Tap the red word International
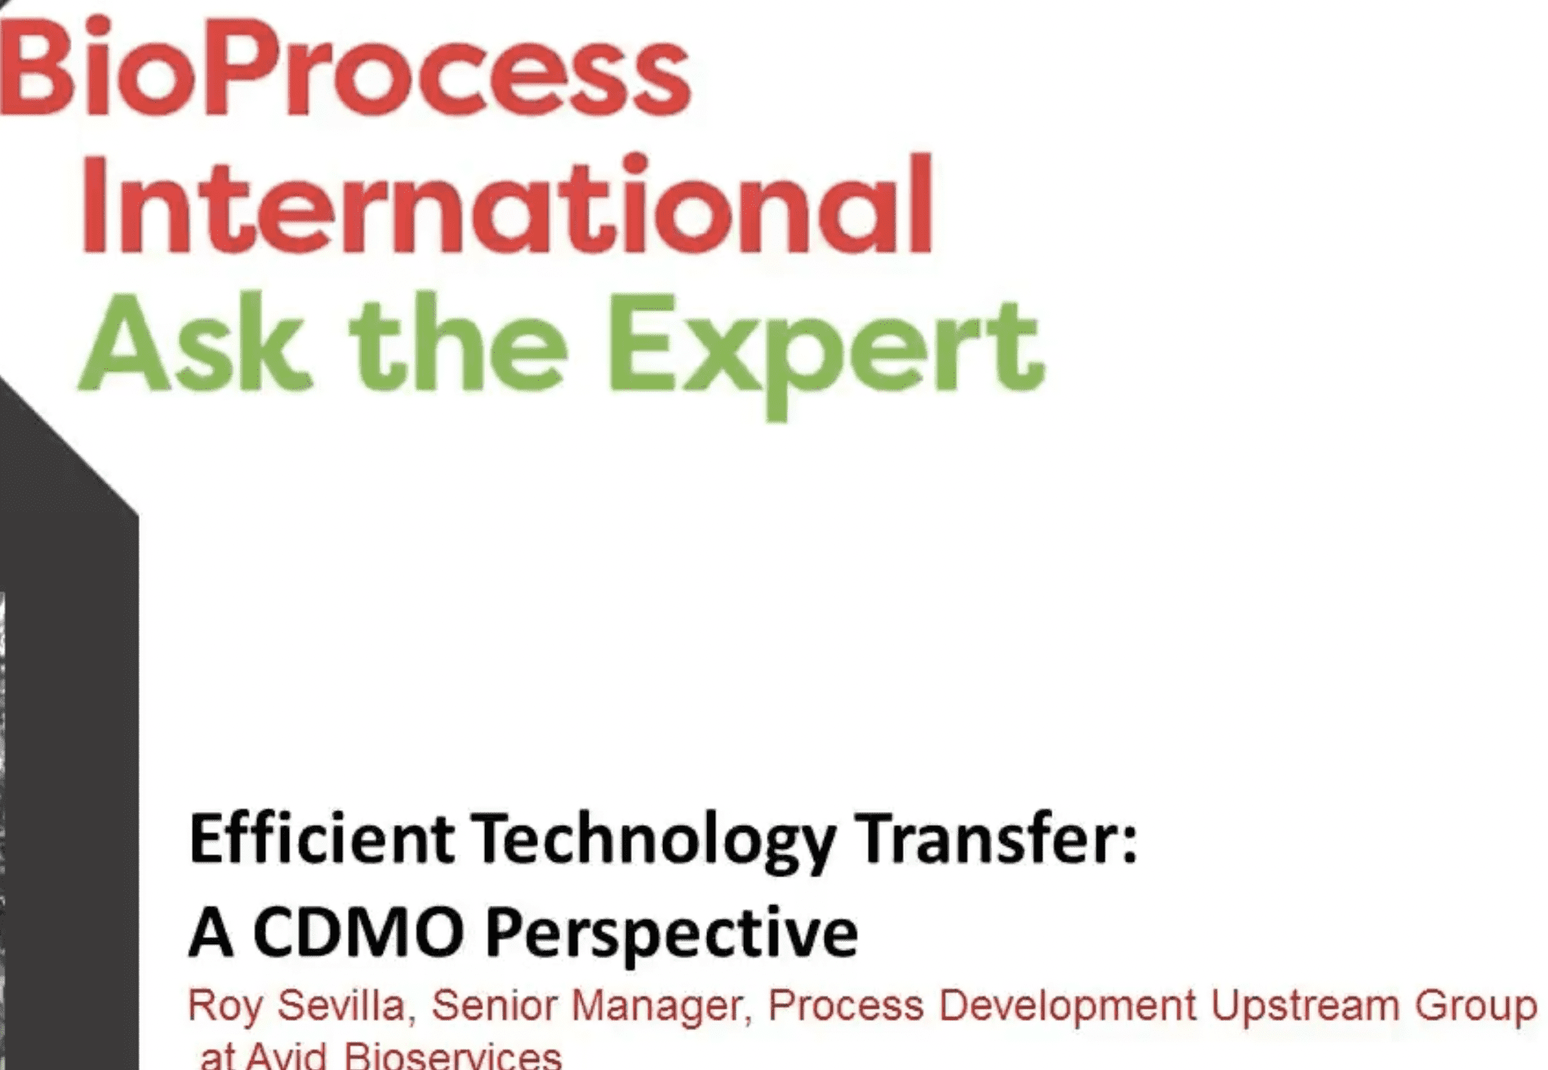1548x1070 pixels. click(507, 205)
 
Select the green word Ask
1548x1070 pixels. click(195, 344)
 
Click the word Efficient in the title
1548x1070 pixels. click(322, 839)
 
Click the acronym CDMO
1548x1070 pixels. click(359, 932)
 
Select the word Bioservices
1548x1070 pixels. click(453, 1054)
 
